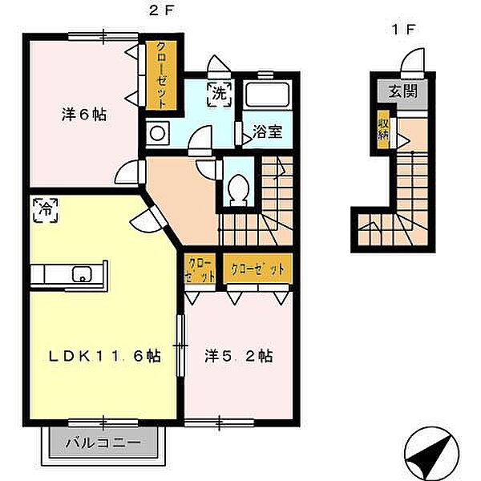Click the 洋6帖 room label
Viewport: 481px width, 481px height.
pos(84,115)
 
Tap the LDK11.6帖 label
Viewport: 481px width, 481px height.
pos(104,356)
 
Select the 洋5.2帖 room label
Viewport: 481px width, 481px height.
pos(239,356)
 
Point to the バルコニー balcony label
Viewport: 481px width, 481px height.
pos(103,443)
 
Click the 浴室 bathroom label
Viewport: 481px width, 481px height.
pos(267,131)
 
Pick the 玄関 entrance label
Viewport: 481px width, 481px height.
pos(403,91)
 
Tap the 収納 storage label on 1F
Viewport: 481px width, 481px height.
pos(384,130)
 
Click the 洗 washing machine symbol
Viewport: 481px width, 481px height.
pos(220,95)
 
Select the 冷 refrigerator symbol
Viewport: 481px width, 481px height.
pos(46,210)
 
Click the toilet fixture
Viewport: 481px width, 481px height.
pos(238,190)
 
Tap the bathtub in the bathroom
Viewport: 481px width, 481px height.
pos(268,95)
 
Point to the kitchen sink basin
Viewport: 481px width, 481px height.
pos(82,274)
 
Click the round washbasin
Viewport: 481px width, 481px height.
pos(157,133)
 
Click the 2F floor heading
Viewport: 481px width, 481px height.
pos(161,11)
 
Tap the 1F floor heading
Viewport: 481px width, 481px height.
pos(403,30)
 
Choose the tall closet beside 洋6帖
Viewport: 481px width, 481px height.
pos(161,75)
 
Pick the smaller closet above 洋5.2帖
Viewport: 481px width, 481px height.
pos(200,269)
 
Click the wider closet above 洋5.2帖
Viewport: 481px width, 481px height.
pos(257,269)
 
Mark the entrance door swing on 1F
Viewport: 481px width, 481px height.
pos(413,62)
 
